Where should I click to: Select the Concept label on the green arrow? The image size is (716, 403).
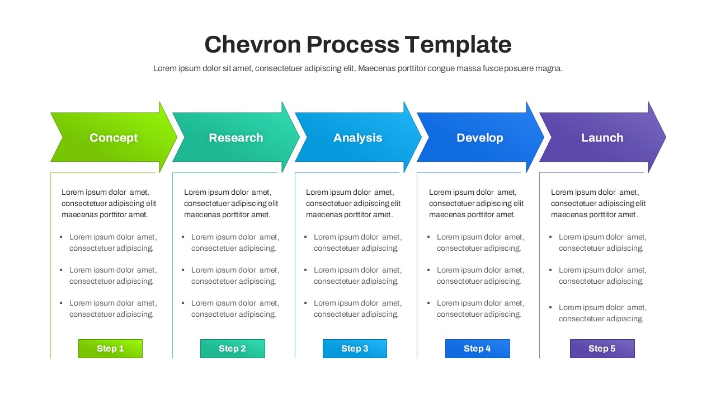pos(114,138)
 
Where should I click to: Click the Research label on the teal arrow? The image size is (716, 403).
pos(235,138)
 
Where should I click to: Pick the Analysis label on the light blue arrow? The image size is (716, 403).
pos(357,138)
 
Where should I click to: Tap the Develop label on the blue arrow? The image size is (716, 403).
pos(479,138)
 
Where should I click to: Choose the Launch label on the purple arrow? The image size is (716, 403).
pos(602,138)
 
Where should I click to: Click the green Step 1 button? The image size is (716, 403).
pos(110,349)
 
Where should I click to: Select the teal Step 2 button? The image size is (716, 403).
pos(232,349)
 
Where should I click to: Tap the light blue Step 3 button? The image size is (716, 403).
pos(355,349)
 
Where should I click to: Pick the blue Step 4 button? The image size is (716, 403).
pos(477,349)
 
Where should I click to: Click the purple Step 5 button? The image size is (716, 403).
pos(602,349)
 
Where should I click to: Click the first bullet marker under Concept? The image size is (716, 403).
pos(61,237)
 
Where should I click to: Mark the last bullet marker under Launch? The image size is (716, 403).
pos(551,307)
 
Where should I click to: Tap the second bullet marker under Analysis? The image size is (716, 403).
pos(305,270)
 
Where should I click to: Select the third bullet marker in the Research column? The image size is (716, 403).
pos(183,303)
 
